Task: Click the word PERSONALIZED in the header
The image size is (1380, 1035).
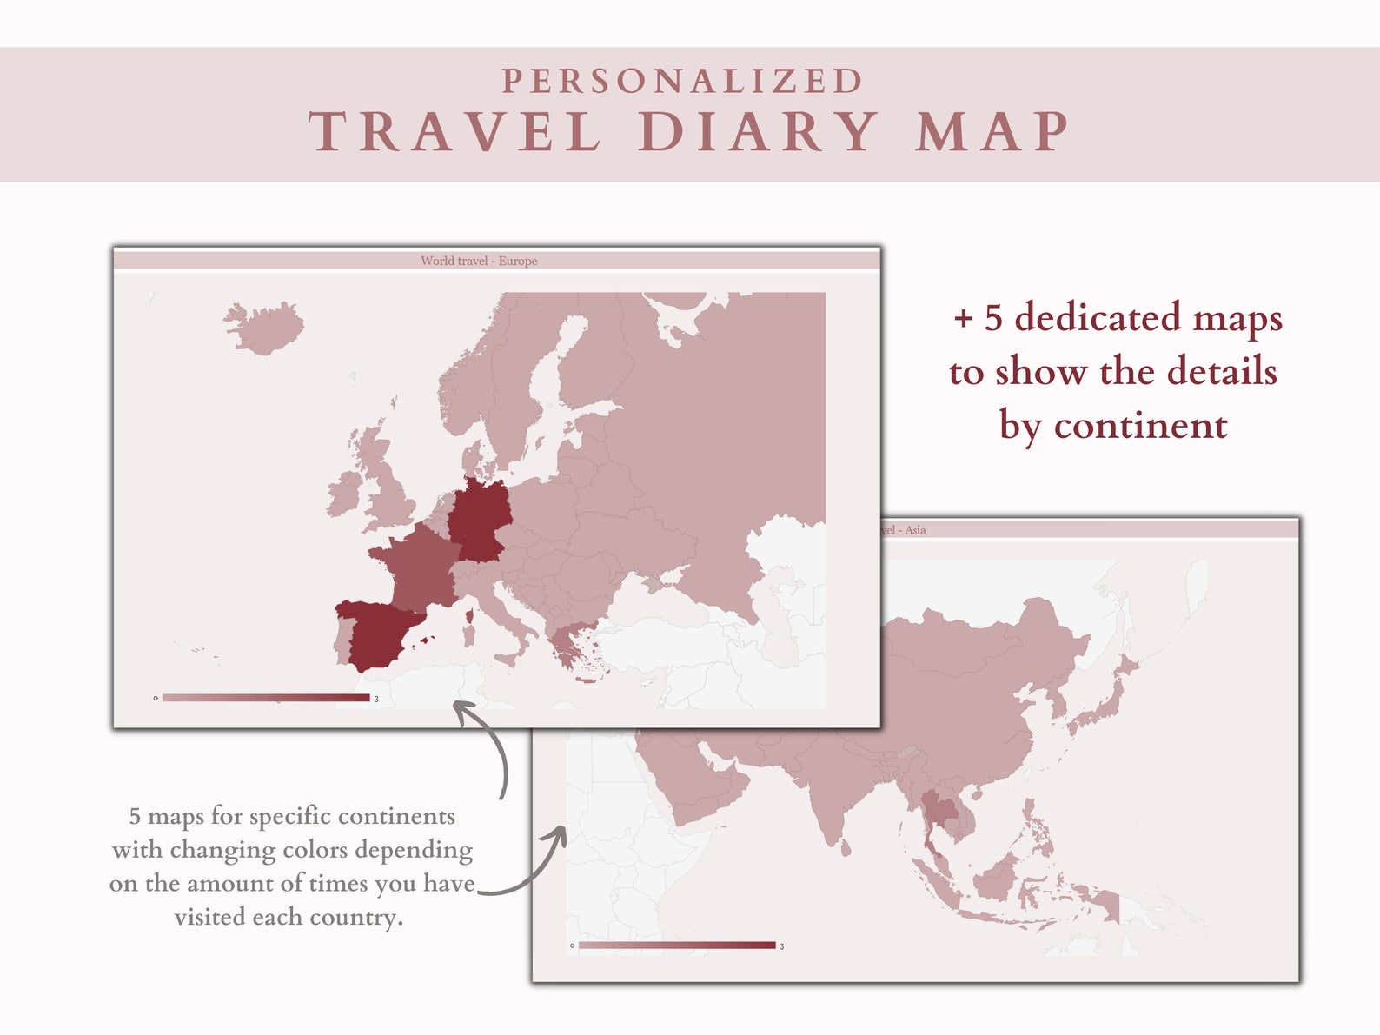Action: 683,82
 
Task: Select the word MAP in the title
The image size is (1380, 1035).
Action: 992,133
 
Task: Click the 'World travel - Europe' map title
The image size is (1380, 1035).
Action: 479,261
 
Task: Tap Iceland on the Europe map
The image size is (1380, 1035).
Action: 264,328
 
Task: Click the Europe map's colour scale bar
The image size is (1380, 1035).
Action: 266,698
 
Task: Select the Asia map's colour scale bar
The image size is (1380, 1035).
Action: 676,945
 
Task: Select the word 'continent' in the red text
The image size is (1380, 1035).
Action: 1140,426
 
